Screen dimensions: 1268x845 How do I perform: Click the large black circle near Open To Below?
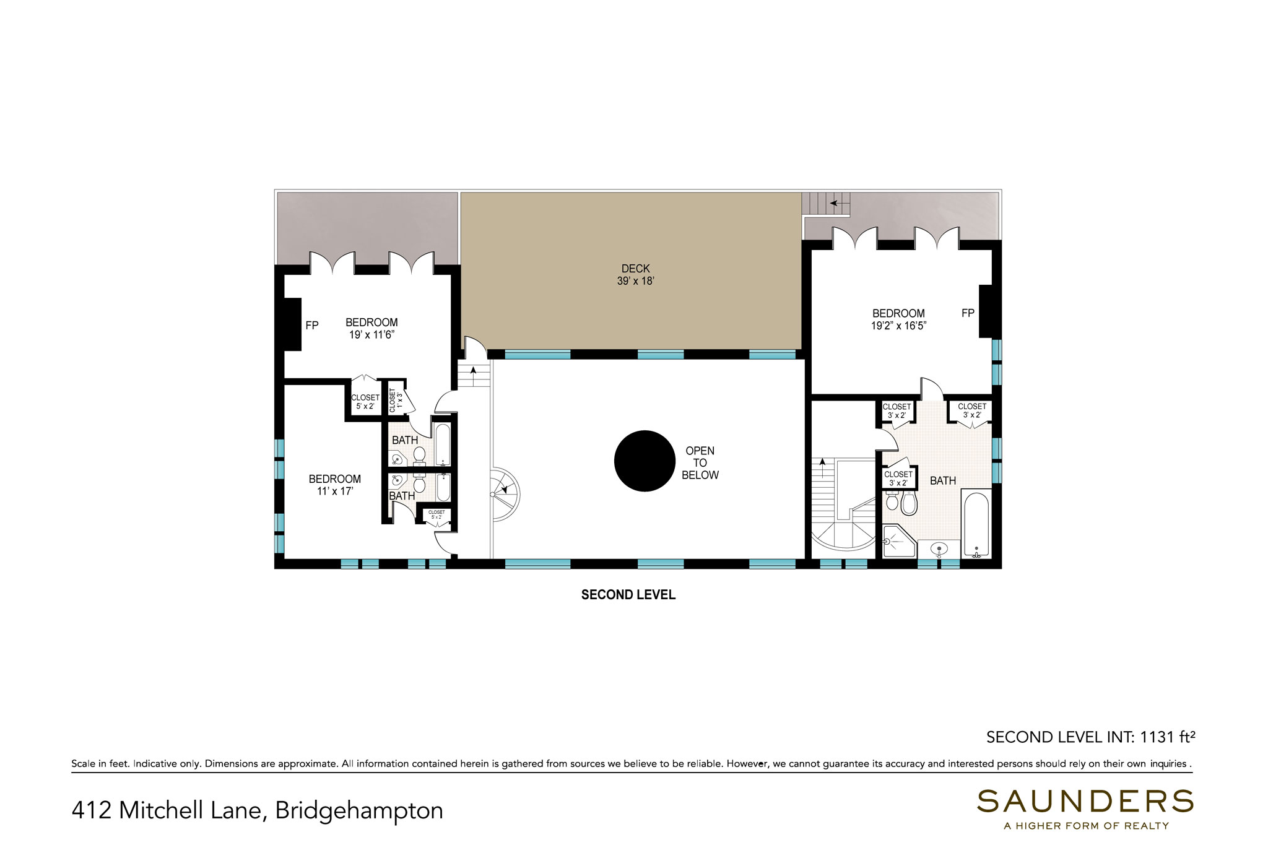tap(644, 461)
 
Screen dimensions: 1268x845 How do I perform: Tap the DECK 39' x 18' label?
tap(636, 275)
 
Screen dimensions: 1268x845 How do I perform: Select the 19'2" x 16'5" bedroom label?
tap(898, 319)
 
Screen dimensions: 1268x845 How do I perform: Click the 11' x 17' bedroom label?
tap(335, 485)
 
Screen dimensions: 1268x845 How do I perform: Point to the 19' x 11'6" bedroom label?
tap(371, 329)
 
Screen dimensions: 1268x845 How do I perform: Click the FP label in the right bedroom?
tap(968, 313)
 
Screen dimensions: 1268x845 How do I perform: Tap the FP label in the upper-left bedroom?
tap(312, 325)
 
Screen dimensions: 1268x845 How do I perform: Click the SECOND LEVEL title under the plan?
tap(628, 595)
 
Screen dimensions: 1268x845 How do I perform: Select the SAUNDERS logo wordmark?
tap(1085, 801)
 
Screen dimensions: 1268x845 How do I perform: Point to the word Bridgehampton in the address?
tap(359, 810)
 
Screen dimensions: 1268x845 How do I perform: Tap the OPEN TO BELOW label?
tap(700, 463)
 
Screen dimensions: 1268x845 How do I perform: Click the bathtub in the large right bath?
tap(976, 523)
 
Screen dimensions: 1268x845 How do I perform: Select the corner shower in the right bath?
tap(899, 541)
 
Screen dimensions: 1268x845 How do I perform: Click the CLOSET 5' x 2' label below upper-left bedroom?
tap(365, 402)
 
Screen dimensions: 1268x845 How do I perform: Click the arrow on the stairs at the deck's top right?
tap(839, 202)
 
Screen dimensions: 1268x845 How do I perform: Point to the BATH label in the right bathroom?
tap(943, 480)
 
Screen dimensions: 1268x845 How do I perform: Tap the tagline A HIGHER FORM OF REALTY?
tap(1086, 825)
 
